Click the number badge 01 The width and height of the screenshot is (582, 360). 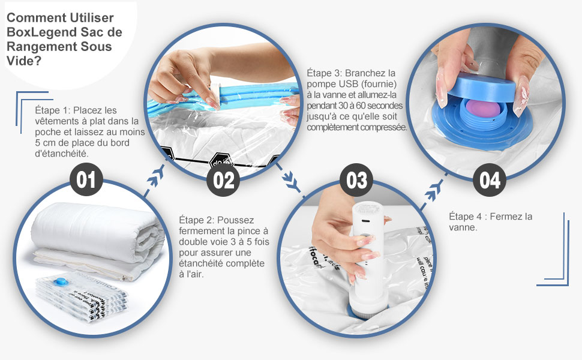coord(86,180)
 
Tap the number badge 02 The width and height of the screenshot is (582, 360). coord(223,180)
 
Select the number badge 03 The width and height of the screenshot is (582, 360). coord(356,180)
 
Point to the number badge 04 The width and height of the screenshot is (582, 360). coord(490,180)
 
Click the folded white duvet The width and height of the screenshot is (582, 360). coord(96,234)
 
